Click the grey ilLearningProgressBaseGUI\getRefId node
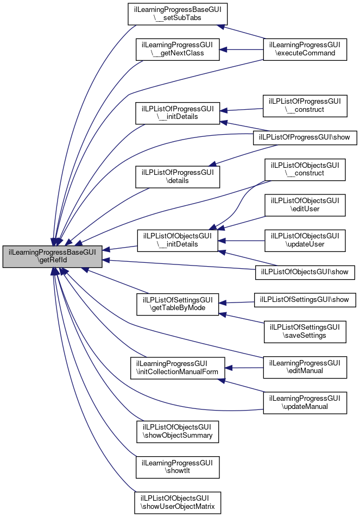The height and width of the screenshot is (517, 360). tap(52, 256)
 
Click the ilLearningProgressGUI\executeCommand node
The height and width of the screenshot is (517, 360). tap(305, 49)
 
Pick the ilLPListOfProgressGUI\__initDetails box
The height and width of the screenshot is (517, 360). tap(178, 112)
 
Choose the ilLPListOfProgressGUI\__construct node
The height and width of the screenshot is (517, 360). tap(305, 106)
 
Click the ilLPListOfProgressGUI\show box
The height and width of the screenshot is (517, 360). tap(305, 138)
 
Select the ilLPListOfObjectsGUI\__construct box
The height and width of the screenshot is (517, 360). tap(305, 169)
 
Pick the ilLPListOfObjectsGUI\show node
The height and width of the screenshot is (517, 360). tap(305, 270)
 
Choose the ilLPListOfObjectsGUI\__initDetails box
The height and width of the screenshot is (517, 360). tap(178, 239)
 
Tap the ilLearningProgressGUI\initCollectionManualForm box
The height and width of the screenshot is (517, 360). tap(177, 368)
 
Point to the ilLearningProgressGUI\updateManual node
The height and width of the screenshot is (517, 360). tap(305, 402)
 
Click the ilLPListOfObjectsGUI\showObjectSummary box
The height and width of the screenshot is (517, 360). tap(178, 431)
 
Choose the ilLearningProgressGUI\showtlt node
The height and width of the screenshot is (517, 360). tap(178, 466)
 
